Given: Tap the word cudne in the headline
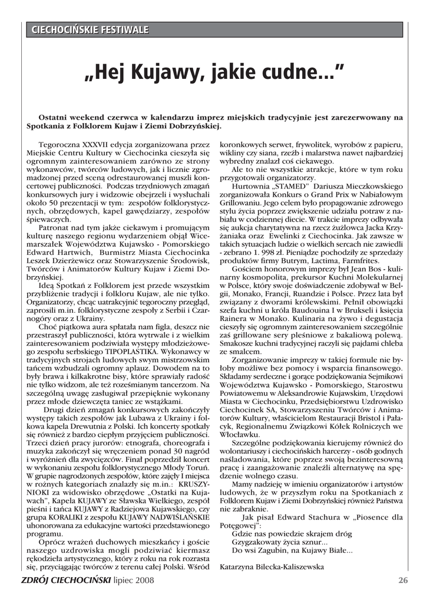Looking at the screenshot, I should [286, 74].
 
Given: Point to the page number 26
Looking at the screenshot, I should [403, 581].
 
